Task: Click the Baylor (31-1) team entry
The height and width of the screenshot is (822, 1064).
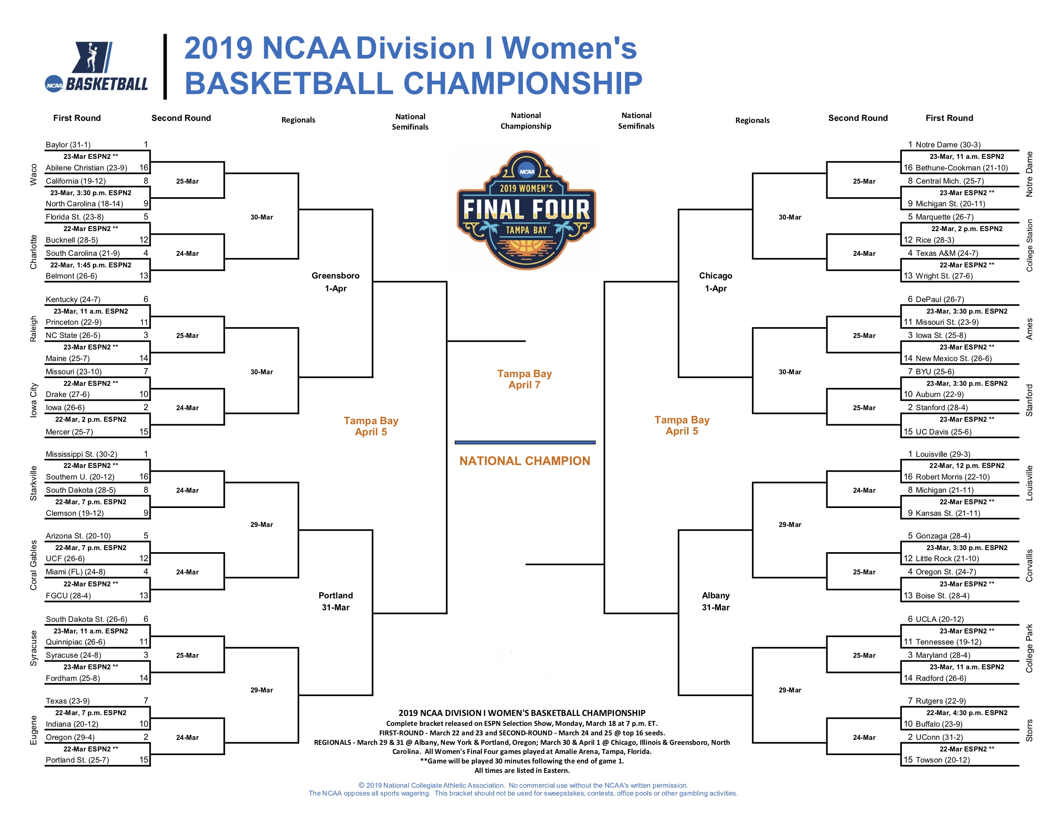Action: pos(68,144)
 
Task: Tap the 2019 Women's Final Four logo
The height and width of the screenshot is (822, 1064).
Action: pos(526,210)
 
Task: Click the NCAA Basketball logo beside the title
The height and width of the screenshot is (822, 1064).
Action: pos(96,67)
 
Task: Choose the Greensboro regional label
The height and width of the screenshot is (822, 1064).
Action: pos(335,276)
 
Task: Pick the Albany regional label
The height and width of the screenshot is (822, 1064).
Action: pos(715,595)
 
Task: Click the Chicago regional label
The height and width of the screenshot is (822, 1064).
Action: pos(715,276)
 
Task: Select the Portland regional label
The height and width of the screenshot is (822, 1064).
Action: pos(335,595)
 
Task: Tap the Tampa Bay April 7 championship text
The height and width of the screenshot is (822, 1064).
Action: pos(524,379)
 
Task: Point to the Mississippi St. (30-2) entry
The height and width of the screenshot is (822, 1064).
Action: pos(81,454)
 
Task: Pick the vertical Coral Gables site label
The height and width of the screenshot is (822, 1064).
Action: pos(33,565)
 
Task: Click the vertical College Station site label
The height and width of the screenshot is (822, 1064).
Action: pos(1029,246)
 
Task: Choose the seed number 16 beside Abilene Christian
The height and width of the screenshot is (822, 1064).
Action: pos(144,168)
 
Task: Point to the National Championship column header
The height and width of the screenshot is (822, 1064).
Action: pos(526,121)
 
